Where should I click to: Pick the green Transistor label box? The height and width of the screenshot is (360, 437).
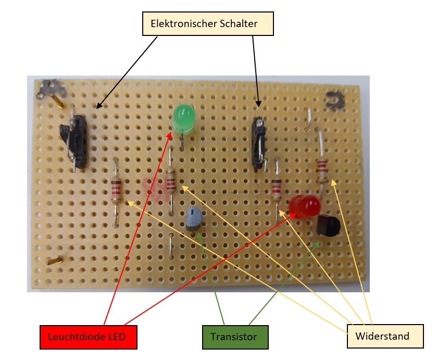(234, 337)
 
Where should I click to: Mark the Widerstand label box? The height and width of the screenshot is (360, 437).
(382, 336)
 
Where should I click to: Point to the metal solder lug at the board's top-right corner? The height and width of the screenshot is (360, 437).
(335, 100)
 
